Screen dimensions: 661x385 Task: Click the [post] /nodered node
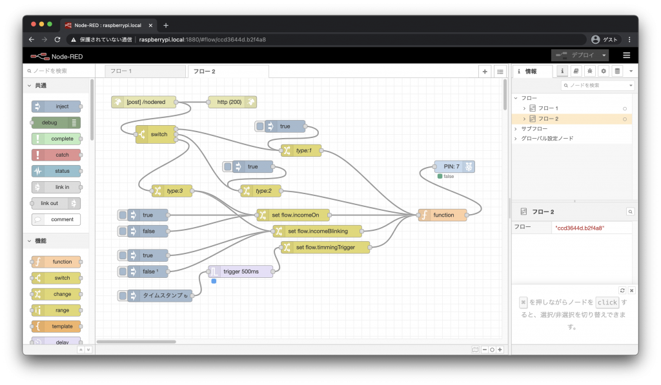(x=144, y=102)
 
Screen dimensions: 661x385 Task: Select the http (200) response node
(x=232, y=102)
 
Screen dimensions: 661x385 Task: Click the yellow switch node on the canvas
(x=156, y=134)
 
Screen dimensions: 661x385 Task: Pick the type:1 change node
(x=301, y=150)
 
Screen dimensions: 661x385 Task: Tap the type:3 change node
(x=172, y=191)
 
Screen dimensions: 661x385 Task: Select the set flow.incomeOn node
(x=292, y=215)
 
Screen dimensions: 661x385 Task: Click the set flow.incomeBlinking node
(x=317, y=232)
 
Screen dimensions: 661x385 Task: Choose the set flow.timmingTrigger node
(x=325, y=247)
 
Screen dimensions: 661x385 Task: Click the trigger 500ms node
(x=240, y=271)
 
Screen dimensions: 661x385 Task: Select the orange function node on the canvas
(x=442, y=215)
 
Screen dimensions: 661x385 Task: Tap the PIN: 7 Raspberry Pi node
(x=454, y=166)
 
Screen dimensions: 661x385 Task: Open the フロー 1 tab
(x=145, y=71)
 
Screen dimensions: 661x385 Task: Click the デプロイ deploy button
(x=580, y=55)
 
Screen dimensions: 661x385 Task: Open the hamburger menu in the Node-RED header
(x=626, y=55)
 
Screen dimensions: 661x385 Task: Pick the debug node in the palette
(x=56, y=123)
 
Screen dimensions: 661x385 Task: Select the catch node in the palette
(x=56, y=155)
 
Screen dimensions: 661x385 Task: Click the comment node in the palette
(x=56, y=219)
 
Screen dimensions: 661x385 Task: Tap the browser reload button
(x=57, y=39)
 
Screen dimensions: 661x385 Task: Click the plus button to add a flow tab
(x=485, y=72)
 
